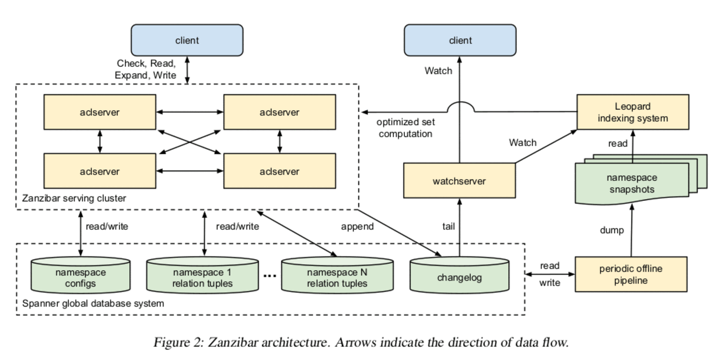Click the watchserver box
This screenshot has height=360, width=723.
coord(459,181)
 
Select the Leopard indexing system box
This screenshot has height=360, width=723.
coord(632,111)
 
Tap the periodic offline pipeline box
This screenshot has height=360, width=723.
coord(631,274)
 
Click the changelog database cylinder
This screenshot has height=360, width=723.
coord(459,276)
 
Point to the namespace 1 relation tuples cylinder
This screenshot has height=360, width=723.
coord(202,277)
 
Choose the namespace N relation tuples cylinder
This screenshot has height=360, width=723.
coord(337,277)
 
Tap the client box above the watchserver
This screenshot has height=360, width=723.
coord(460,40)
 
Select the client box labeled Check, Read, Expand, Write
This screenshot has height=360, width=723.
coord(187,40)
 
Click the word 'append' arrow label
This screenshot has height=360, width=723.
coord(357,226)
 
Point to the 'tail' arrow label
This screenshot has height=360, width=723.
coord(449,226)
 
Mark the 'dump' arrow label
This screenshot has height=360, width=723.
coord(612,230)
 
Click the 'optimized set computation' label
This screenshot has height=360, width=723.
coord(405,128)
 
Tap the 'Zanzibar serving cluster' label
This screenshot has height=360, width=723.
coord(74,198)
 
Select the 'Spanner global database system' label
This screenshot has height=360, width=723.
coord(93,304)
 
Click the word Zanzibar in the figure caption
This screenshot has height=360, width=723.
coord(232,342)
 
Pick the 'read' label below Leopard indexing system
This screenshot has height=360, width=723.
coord(617,144)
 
